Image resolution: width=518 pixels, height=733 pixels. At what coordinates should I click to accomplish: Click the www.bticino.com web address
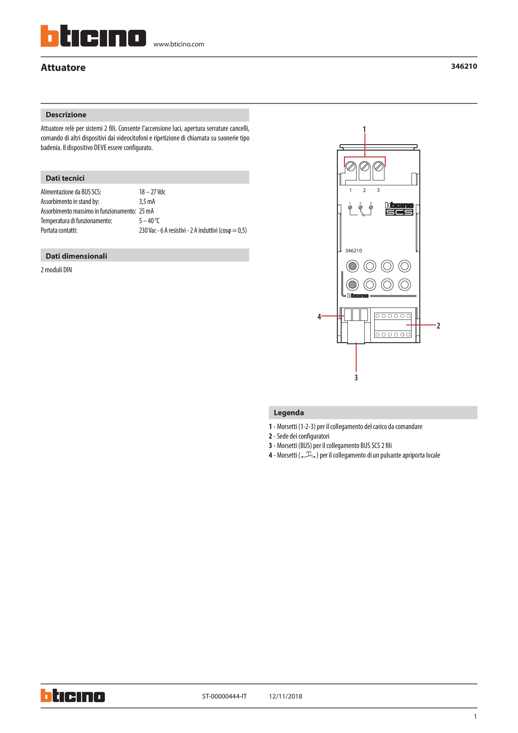point(179,44)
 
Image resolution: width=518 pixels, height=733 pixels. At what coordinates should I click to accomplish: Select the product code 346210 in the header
point(464,66)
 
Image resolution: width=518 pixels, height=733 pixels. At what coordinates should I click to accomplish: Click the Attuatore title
point(63,68)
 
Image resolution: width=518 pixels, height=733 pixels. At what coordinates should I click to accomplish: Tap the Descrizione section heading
point(66,115)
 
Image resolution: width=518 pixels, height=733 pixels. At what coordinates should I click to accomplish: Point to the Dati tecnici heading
point(65,178)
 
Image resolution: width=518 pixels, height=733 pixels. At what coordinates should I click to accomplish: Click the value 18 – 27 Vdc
point(152,192)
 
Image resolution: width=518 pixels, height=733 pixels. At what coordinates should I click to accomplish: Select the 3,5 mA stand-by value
point(147,201)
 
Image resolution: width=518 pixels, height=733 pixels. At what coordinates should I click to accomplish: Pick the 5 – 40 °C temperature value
point(149,221)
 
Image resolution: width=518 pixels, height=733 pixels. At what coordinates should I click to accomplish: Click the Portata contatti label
point(59,230)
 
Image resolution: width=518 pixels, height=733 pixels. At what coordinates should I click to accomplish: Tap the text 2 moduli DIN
point(56,270)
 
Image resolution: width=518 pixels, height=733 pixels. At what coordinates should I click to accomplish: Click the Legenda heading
point(288,413)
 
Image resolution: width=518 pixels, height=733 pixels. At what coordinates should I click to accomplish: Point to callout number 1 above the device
point(364,129)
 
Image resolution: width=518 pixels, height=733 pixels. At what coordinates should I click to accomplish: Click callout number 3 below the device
point(356,378)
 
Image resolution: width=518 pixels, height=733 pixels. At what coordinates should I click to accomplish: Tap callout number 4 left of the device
point(319,317)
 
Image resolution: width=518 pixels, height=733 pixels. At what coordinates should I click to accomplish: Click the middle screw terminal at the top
point(364,167)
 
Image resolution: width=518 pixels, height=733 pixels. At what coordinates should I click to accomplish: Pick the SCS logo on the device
point(399,212)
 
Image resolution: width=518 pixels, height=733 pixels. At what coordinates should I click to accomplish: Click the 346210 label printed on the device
point(354,251)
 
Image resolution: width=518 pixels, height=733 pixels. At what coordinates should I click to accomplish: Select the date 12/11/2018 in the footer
point(285,696)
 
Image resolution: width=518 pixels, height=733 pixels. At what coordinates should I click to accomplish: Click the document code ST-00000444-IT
point(224,696)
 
